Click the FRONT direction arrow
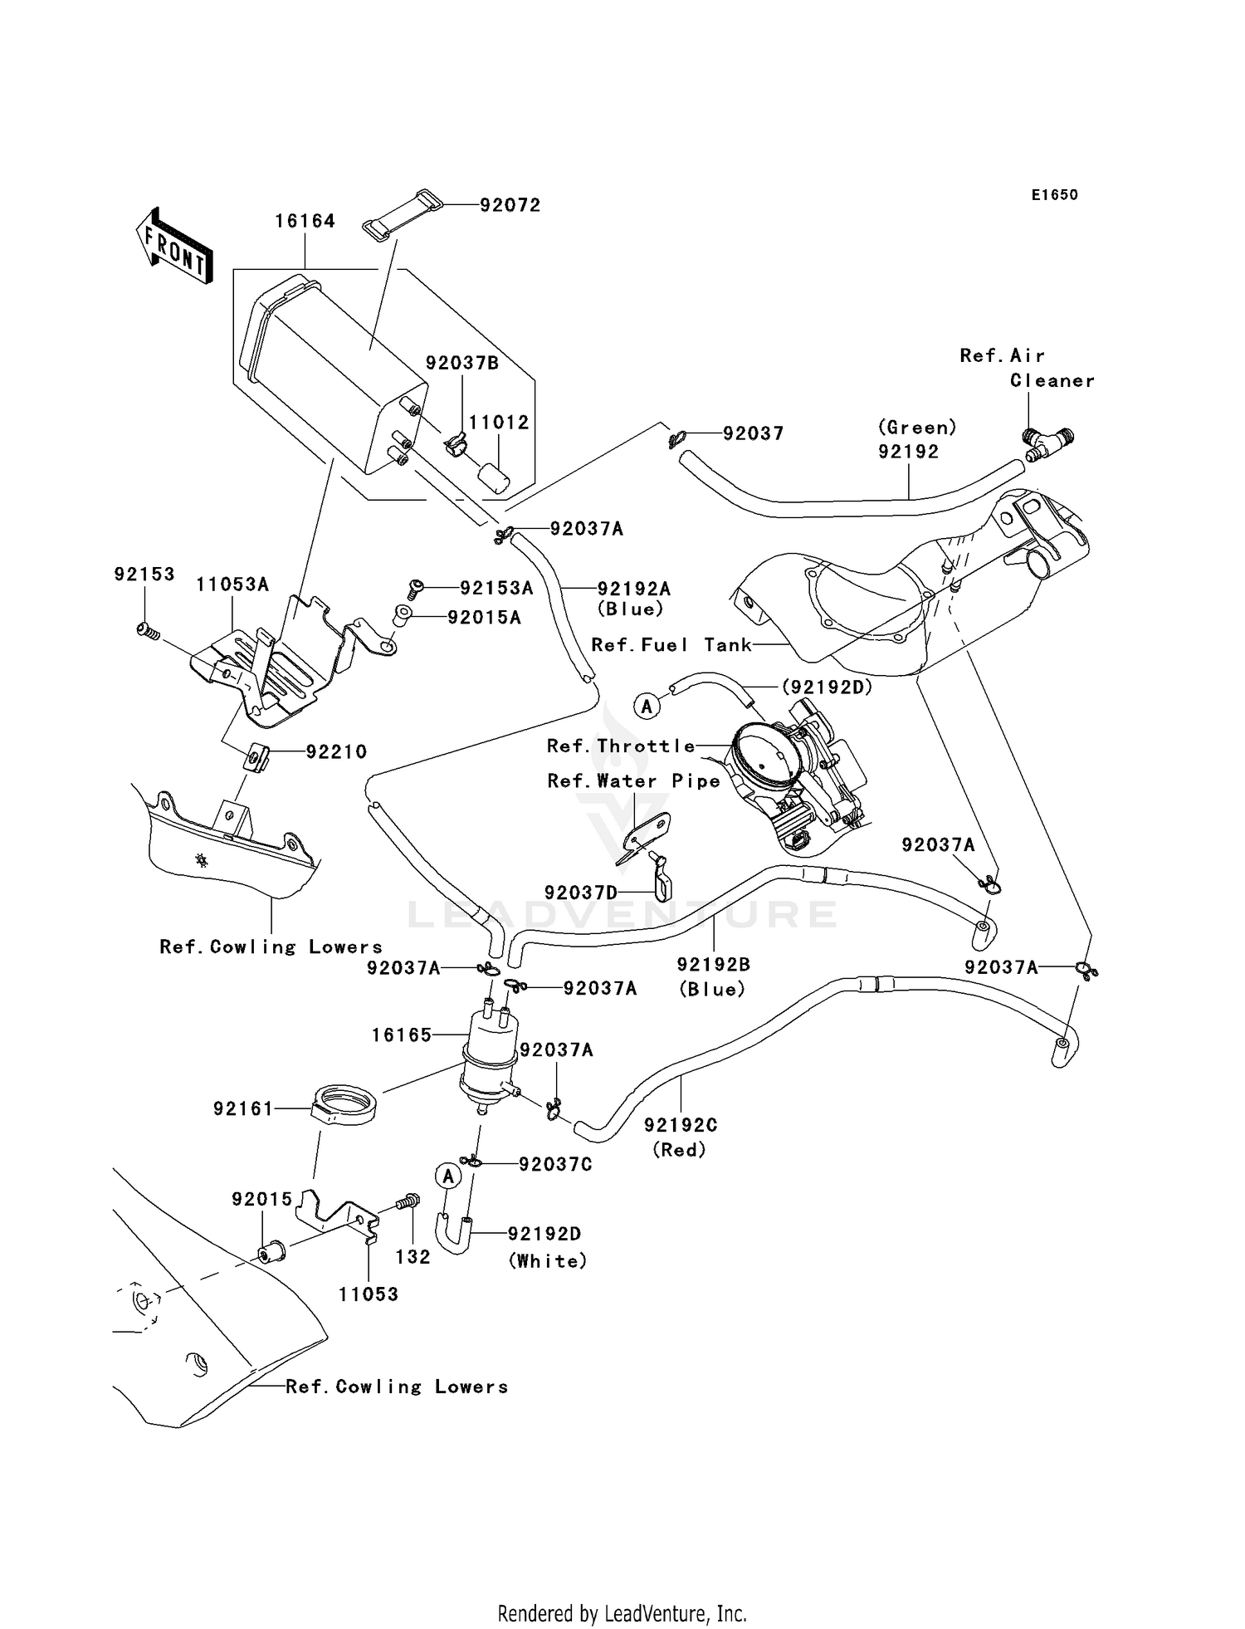173,247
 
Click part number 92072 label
510,205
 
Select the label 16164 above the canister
305,221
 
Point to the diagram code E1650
1054,195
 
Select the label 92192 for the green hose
909,452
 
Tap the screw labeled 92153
148,631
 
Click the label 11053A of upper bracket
232,585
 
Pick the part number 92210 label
336,751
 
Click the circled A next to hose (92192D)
647,707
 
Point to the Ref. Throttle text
621,746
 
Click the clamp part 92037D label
581,893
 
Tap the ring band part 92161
346,1104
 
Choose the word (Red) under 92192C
679,1150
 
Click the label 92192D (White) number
544,1234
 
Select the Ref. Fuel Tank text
671,645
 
